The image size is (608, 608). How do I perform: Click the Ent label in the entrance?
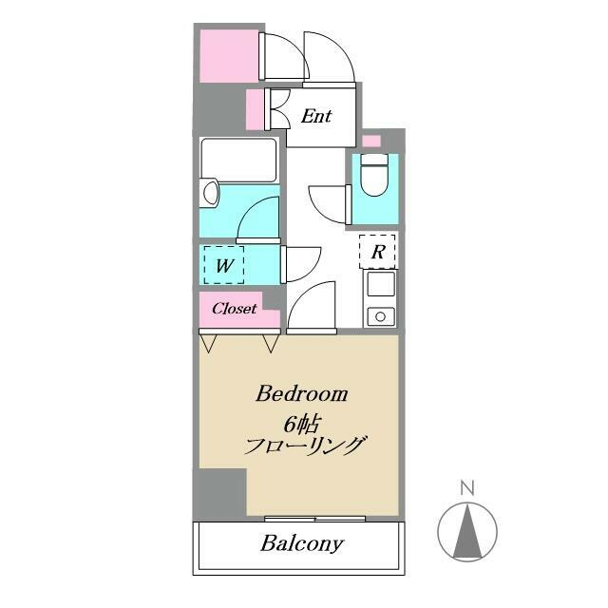(316, 117)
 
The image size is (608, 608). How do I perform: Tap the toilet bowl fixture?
(376, 178)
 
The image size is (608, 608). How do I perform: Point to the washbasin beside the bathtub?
(209, 194)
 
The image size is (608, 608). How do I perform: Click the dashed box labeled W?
(224, 265)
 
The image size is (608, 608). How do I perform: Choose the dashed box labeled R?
(377, 252)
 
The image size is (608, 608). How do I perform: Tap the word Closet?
(234, 309)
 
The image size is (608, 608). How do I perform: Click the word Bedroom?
(301, 393)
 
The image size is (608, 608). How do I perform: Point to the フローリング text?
(305, 446)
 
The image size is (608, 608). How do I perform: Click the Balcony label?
(302, 544)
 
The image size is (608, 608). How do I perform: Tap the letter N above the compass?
(466, 488)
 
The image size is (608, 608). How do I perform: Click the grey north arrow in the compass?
(466, 533)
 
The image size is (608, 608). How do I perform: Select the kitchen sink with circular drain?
(381, 314)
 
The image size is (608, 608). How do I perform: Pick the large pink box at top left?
(229, 55)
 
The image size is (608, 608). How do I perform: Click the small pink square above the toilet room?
(371, 142)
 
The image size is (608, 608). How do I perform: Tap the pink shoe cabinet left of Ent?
(255, 109)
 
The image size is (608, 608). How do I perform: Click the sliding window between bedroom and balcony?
(314, 519)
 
